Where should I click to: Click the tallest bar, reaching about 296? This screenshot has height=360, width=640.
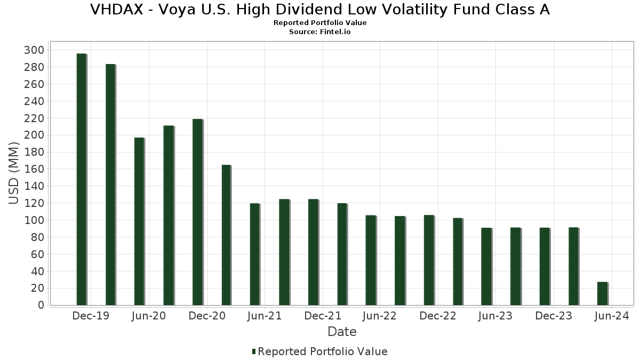tap(81, 179)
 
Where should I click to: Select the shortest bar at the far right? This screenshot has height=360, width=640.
tap(602, 293)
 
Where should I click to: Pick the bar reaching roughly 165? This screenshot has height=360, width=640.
tap(226, 235)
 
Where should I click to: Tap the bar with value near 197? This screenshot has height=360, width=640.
tap(139, 221)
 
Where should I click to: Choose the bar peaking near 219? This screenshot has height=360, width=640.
tap(197, 212)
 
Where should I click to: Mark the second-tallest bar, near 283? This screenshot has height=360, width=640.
tap(110, 185)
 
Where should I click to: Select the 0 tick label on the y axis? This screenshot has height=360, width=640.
tap(41, 305)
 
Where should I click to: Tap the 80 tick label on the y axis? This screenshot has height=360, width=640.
tap(37, 237)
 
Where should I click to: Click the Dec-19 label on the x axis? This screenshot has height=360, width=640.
tap(91, 316)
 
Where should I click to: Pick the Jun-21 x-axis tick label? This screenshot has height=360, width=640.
tap(265, 316)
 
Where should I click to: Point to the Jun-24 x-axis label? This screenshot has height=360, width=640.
tap(612, 316)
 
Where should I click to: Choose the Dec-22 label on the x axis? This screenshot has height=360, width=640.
tap(438, 316)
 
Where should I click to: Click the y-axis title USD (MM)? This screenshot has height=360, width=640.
tap(14, 174)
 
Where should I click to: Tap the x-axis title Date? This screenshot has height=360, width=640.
tap(342, 332)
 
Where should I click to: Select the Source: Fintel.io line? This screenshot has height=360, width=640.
tap(320, 31)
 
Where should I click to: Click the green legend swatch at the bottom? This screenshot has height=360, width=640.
tap(254, 351)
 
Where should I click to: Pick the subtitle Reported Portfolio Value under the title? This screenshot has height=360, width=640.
tap(320, 23)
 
